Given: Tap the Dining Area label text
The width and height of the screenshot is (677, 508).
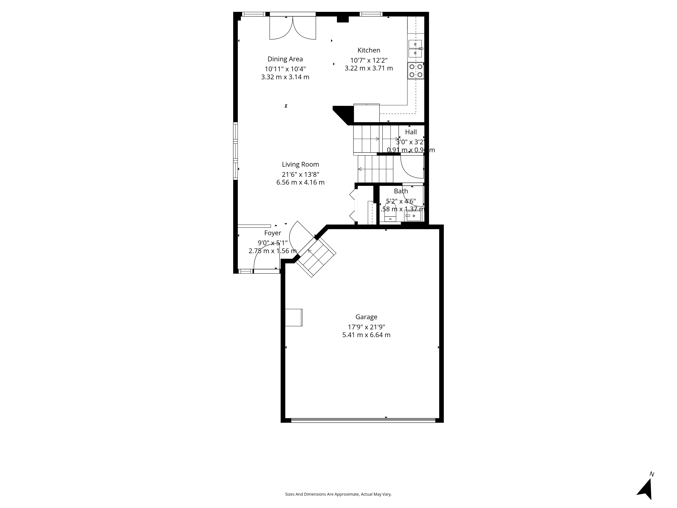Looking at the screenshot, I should pos(285,59).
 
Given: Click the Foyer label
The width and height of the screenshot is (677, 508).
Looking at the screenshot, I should pos(272,233).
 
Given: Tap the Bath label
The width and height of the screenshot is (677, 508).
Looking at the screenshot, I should pos(401,191).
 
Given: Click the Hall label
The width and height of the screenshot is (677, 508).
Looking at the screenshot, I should pos(411,132).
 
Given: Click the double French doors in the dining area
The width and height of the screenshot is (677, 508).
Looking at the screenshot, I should pos(293,28).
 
